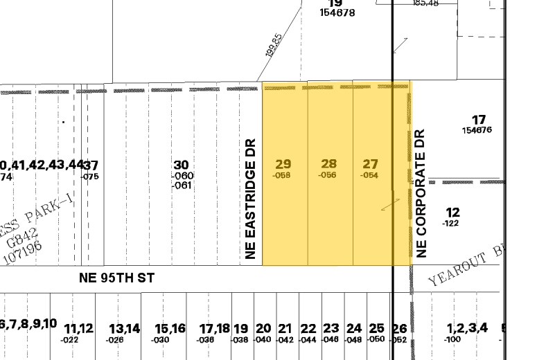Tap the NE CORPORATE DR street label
click(x=420, y=194)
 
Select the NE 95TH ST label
click(x=116, y=278)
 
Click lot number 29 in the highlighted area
click(x=283, y=164)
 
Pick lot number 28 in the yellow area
click(x=328, y=164)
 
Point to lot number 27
click(x=371, y=164)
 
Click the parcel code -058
click(x=281, y=175)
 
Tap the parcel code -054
click(x=369, y=175)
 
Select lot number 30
click(x=181, y=165)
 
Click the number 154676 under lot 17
click(x=477, y=130)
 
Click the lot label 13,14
click(x=124, y=328)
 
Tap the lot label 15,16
click(x=170, y=328)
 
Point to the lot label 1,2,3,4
click(x=468, y=328)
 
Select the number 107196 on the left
click(x=23, y=252)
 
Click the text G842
click(x=15, y=241)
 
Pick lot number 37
click(x=91, y=165)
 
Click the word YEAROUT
click(x=455, y=272)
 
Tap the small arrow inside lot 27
click(x=391, y=204)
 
